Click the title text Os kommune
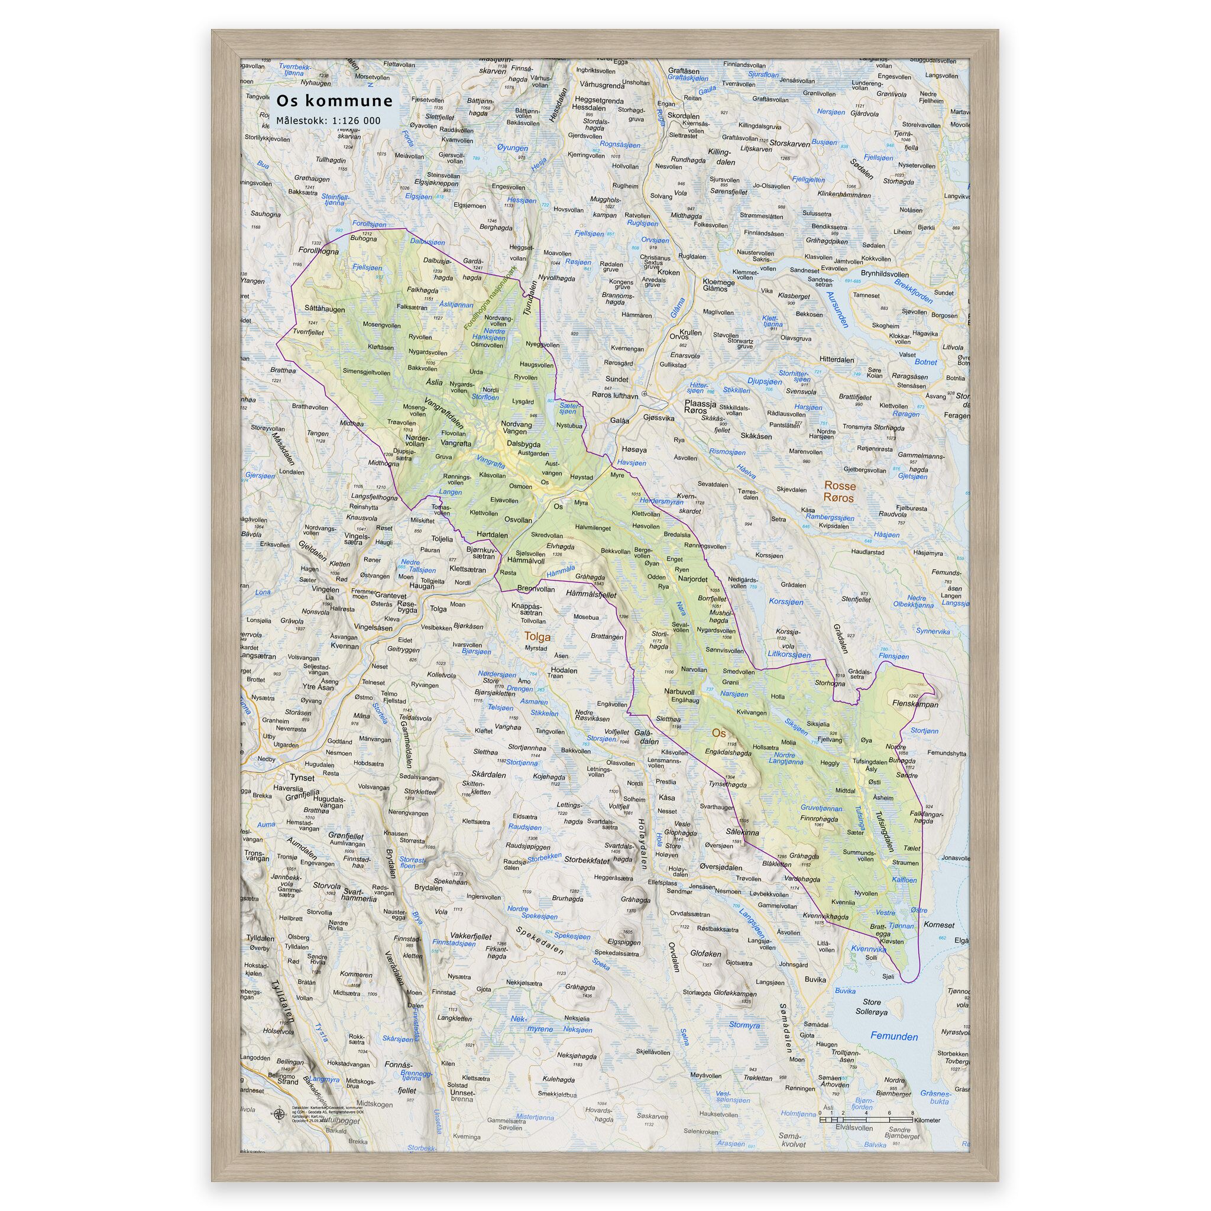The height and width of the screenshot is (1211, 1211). click(x=335, y=101)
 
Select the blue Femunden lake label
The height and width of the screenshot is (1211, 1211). click(x=893, y=1037)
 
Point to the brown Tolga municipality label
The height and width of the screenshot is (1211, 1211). click(x=537, y=637)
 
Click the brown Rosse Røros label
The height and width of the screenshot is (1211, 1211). click(x=838, y=491)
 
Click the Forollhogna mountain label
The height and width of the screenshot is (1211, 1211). click(x=319, y=251)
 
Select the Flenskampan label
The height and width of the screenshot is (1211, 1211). click(x=915, y=704)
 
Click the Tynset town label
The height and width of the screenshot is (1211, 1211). click(x=302, y=777)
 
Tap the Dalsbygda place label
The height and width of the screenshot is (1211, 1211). click(x=523, y=444)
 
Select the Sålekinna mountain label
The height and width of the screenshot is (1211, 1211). click(x=742, y=833)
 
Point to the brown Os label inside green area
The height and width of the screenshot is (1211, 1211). click(x=718, y=733)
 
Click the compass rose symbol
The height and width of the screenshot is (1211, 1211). click(x=279, y=1114)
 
